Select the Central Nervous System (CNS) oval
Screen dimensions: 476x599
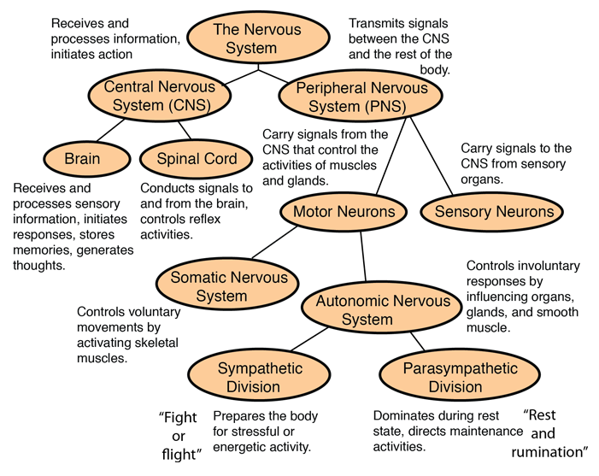pos(160,96)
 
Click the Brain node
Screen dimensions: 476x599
pos(83,158)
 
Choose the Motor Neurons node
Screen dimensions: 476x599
pos(344,211)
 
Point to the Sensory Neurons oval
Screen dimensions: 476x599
pos(494,211)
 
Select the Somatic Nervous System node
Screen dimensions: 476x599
pos(228,286)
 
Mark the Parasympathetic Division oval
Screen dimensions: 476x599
pos(460,378)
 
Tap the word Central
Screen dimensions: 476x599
pos(128,86)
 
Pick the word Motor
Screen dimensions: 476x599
pos(313,211)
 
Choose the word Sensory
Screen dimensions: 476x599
pos(462,211)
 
